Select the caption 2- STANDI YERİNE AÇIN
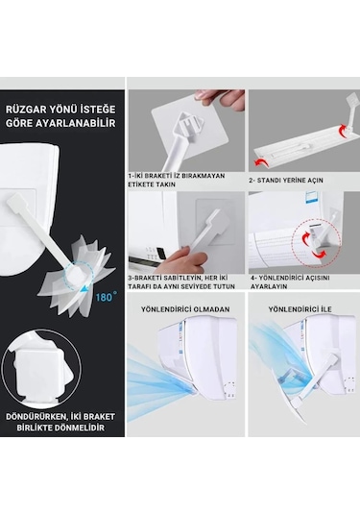pos(286,180)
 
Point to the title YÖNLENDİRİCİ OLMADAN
pos(185,309)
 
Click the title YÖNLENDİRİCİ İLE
pos(300,309)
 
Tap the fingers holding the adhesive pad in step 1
pos(219,96)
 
